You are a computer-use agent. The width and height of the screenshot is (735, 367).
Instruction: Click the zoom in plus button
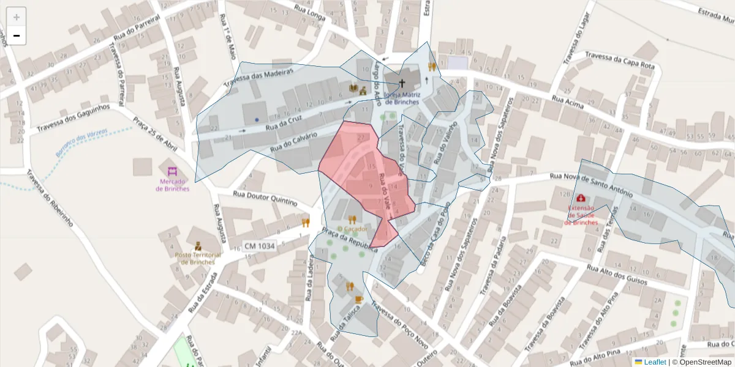pyautogui.click(x=17, y=17)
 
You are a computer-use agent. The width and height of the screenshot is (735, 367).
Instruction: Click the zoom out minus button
pyautogui.click(x=17, y=35)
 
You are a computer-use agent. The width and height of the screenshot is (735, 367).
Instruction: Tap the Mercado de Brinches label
pyautogui.click(x=172, y=185)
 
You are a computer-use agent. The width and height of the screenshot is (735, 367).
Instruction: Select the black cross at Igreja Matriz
pyautogui.click(x=402, y=83)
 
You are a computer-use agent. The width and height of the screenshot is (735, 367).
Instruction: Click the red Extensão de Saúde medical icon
pyautogui.click(x=580, y=199)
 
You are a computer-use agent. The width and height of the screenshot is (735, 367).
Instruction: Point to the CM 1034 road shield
pyautogui.click(x=259, y=246)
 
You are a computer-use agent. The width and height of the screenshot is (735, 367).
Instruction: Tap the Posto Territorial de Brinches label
pyautogui.click(x=197, y=258)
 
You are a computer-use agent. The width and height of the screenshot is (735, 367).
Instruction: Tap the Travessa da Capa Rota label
pyautogui.click(x=620, y=60)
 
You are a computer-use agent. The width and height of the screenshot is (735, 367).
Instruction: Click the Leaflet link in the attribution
pyautogui.click(x=654, y=362)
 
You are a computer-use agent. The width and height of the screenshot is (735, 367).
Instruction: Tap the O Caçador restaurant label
pyautogui.click(x=352, y=229)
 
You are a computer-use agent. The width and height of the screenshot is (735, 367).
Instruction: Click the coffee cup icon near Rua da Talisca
pyautogui.click(x=359, y=299)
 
